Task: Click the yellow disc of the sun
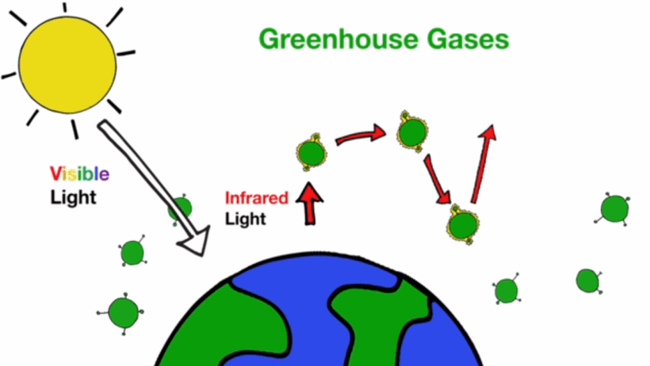tap(67, 65)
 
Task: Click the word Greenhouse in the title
tap(338, 40)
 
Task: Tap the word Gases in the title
tap(468, 40)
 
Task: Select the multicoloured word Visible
tap(79, 173)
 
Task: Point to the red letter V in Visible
tap(56, 173)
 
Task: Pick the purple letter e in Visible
tap(105, 175)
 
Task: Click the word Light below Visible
tap(74, 198)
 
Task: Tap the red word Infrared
tap(257, 198)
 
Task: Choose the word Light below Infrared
tap(246, 219)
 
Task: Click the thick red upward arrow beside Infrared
tap(309, 204)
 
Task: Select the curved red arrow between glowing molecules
tap(360, 135)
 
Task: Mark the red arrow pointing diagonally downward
tap(438, 180)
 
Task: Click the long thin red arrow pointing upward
tap(483, 164)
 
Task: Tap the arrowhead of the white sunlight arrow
tap(194, 240)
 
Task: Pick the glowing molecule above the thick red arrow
tap(312, 152)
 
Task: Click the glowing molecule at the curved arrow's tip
tap(411, 132)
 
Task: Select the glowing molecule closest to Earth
tap(463, 224)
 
